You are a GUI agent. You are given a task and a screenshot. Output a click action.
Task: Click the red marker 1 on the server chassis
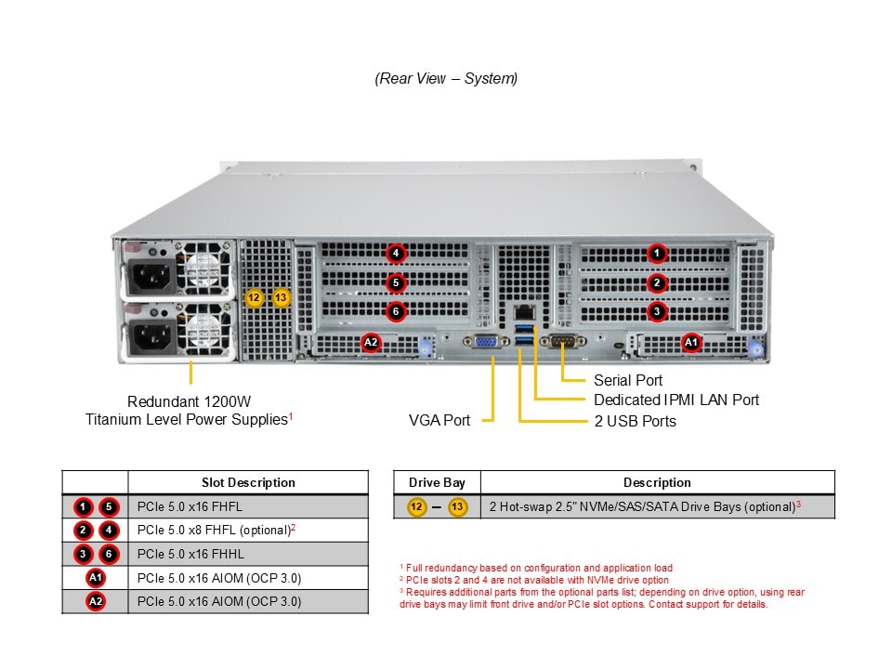point(657,253)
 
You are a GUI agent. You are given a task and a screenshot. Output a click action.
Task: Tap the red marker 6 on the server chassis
point(396,311)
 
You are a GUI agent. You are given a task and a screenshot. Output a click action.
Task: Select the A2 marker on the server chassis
point(371,343)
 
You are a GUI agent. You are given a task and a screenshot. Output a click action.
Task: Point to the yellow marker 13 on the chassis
point(282,298)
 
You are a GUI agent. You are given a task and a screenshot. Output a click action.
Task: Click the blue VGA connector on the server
point(486,343)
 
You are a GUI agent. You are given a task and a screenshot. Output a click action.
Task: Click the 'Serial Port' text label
point(628,380)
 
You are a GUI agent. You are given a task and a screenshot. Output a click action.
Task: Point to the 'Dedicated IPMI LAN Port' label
point(676,400)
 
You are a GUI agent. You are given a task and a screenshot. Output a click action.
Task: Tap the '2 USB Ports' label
point(635,421)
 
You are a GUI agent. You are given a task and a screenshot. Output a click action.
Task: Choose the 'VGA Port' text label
point(439,420)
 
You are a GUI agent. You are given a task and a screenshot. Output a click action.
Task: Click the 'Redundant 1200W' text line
point(189,401)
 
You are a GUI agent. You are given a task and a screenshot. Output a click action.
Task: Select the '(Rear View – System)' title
point(446,78)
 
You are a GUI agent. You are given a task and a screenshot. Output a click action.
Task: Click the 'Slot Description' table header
point(248,482)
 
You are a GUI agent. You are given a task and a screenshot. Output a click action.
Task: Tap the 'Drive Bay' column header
point(437,482)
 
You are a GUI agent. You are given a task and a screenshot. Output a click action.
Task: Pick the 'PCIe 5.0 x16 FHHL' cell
point(190,554)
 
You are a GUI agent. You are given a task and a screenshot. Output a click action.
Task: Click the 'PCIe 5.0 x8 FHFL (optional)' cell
point(216,531)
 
